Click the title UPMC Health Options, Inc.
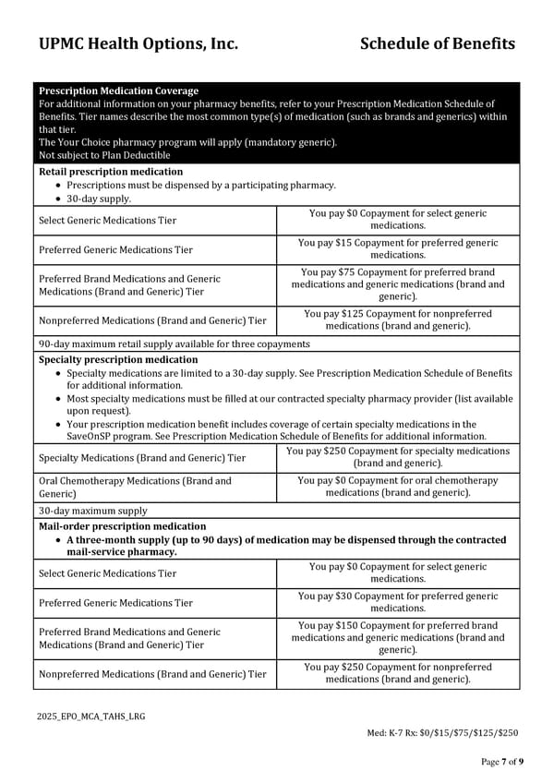pyautogui.click(x=138, y=43)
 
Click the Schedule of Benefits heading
pyautogui.click(x=437, y=43)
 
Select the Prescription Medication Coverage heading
pyautogui.click(x=118, y=90)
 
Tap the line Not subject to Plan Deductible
pyautogui.click(x=104, y=155)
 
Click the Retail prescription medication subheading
pyautogui.click(x=111, y=172)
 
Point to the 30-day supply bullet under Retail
pyautogui.click(x=99, y=199)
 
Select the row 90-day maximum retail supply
pyautogui.click(x=174, y=343)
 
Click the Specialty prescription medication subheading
pyautogui.click(x=118, y=359)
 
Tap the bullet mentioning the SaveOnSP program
pyautogui.click(x=277, y=430)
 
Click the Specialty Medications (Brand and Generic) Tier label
pyautogui.click(x=142, y=458)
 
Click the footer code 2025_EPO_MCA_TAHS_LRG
pyautogui.click(x=91, y=717)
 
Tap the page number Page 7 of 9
pyautogui.click(x=502, y=761)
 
